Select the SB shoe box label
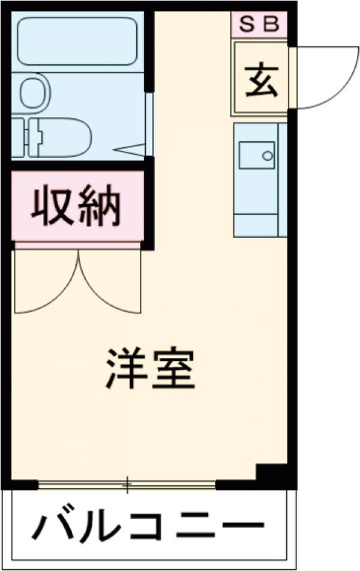(x=260, y=25)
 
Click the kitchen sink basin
(x=256, y=156)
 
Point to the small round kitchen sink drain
(x=267, y=156)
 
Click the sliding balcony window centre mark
(x=127, y=483)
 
